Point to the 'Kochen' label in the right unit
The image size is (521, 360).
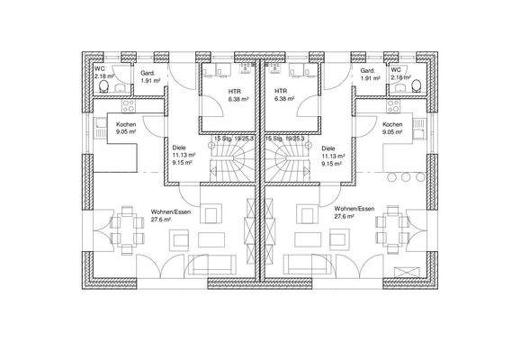[x=391, y=124]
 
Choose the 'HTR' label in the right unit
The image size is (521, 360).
[x=282, y=91]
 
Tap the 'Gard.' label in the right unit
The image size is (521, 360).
[x=367, y=71]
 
